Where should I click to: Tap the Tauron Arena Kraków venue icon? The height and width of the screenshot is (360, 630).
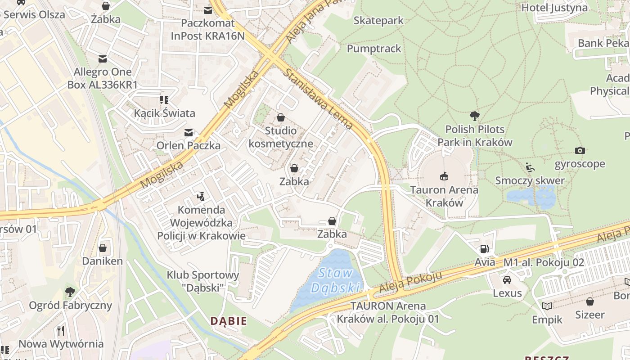tap(444, 176)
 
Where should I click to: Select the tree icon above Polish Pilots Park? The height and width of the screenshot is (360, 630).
tap(474, 116)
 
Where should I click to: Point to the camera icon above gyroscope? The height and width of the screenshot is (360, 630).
tap(580, 150)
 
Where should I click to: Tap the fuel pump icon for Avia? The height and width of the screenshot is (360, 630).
tap(485, 248)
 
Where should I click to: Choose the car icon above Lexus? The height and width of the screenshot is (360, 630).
tap(507, 279)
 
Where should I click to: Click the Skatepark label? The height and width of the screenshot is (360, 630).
tap(378, 20)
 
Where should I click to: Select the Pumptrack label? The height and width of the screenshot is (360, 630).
tap(374, 49)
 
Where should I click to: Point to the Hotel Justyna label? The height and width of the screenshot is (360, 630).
tap(554, 8)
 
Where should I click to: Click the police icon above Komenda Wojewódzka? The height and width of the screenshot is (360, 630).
tap(201, 196)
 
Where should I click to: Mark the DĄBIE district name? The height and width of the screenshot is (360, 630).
tap(229, 321)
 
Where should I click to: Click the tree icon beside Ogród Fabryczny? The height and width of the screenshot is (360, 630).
tap(70, 292)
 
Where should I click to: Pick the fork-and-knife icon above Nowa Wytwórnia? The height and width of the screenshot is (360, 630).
tap(61, 331)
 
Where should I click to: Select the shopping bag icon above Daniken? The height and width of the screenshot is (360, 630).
tap(103, 248)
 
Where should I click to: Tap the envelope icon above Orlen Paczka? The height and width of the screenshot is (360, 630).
tap(189, 132)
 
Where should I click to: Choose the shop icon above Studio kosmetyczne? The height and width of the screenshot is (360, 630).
tap(281, 117)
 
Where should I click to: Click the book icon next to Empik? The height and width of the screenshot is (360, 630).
tap(547, 306)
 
